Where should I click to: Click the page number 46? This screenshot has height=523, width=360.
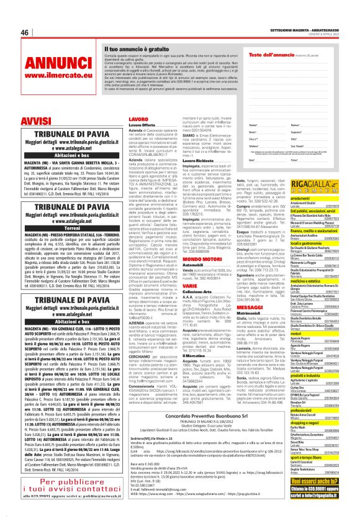[25, 32]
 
